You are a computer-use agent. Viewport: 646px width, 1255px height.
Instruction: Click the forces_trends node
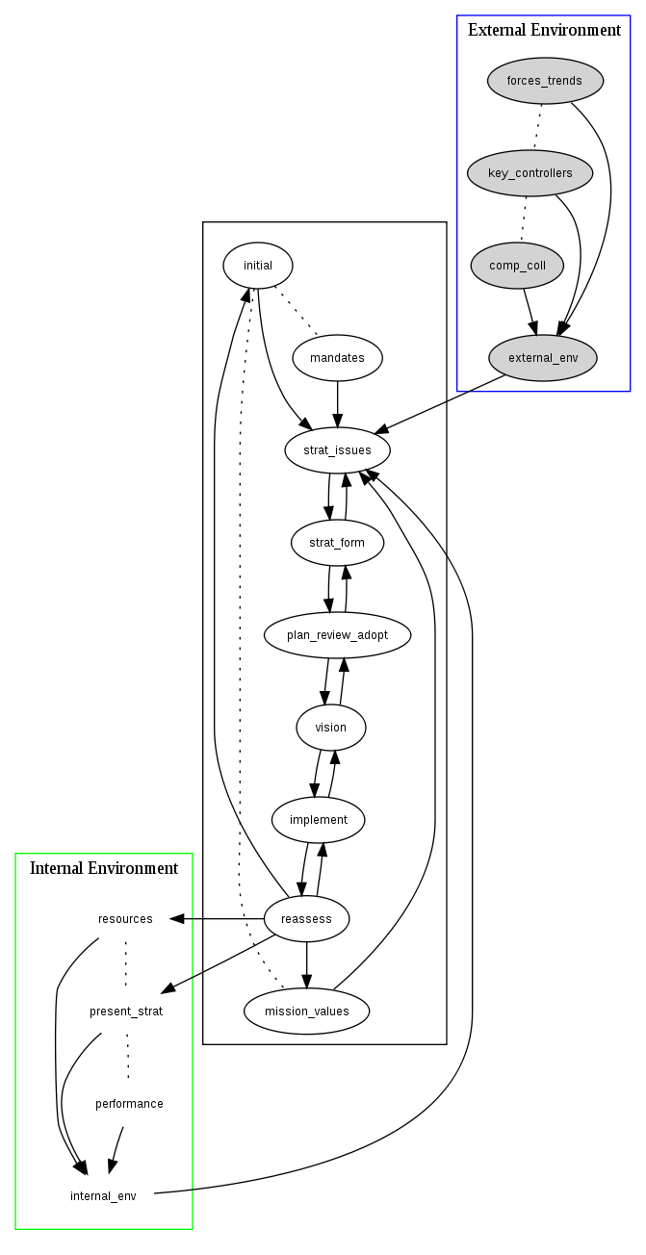pos(545,81)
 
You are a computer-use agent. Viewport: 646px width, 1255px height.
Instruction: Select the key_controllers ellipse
pos(530,173)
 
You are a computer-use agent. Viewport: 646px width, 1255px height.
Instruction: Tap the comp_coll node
pos(517,266)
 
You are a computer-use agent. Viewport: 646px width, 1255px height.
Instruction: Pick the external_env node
pos(543,358)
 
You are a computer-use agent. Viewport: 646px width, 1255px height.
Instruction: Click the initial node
pos(258,266)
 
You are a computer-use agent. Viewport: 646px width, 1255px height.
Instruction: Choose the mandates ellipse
pos(337,358)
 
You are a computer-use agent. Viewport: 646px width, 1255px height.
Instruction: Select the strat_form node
pos(337,543)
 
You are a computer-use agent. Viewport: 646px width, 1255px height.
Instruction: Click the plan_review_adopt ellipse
pos(337,635)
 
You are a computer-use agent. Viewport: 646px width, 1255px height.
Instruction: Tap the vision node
pos(331,728)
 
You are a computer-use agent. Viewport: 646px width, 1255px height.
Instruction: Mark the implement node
pos(318,820)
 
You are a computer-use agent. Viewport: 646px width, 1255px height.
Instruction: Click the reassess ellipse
pos(306,919)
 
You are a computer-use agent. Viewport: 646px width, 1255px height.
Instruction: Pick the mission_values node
pos(306,1012)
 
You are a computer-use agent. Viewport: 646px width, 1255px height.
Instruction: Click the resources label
pos(125,919)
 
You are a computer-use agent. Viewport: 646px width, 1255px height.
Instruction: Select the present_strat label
pos(126,1012)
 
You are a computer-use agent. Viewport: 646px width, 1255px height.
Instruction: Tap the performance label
pos(129,1104)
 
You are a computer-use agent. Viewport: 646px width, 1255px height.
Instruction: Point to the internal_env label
pos(103,1196)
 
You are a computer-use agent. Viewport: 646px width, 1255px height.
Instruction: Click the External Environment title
pos(544,30)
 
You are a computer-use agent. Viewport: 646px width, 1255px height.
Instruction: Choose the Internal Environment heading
pos(104,868)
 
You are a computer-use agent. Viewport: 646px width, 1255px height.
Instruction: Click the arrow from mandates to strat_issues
pos(337,404)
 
